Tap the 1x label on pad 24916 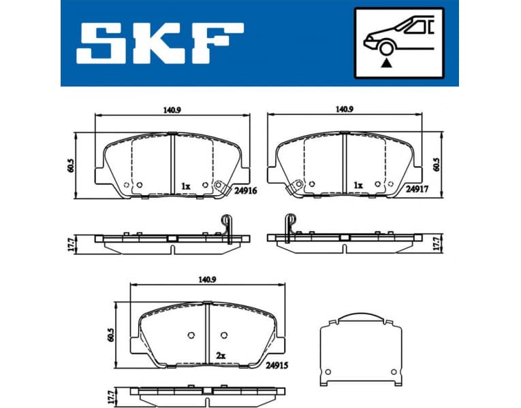185,185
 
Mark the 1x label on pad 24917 358,185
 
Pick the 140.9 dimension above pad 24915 207,279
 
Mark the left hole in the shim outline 327,371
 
